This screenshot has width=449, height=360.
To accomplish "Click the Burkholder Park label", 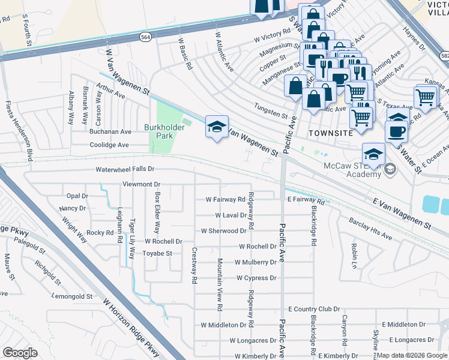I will pos(158,131).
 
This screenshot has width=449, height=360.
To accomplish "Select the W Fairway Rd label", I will pos(225,199).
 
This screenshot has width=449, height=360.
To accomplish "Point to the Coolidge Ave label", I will pos(109,145).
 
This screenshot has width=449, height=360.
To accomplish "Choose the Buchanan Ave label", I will pos(110,131).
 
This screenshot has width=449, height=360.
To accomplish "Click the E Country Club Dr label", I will pos(314,309).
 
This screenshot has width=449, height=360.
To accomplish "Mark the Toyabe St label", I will pos(157,253).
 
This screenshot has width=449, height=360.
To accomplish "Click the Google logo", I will pos(20,353).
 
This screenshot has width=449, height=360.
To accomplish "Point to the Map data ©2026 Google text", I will pos(412,355).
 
